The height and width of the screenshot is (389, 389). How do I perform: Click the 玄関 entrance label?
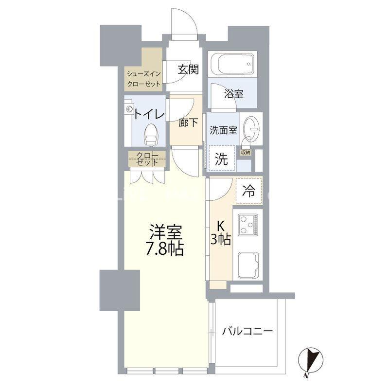point(188,70)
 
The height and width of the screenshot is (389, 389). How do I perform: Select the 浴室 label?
point(234,94)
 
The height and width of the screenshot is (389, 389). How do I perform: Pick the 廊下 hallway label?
point(188,123)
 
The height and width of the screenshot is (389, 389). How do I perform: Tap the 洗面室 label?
point(223,130)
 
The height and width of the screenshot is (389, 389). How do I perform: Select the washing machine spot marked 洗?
point(221,159)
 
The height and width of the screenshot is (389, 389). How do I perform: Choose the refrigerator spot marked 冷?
point(248,191)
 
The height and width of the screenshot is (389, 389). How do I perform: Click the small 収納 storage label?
point(246,152)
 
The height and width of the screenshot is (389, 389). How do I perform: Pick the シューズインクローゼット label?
point(143,79)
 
